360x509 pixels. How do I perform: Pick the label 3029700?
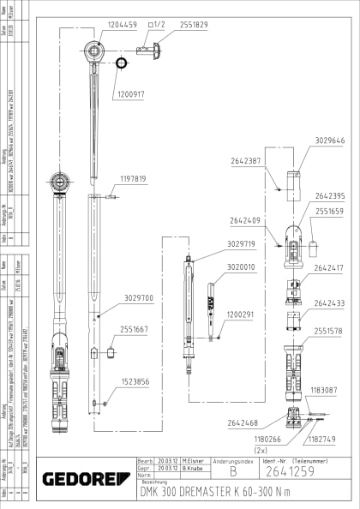[137, 297]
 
